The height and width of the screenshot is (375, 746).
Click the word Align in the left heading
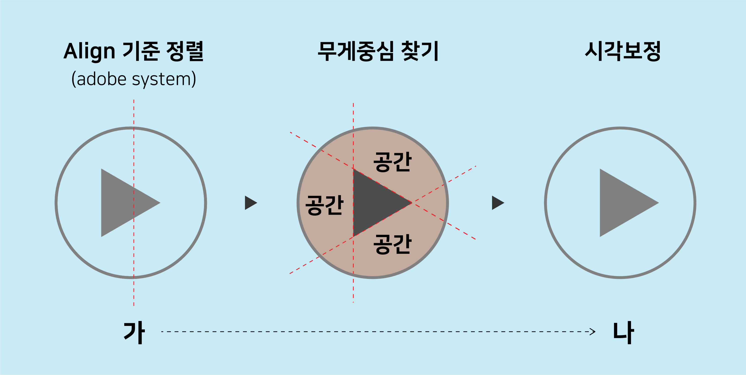coord(89,51)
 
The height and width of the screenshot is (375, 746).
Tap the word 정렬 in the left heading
coord(185,51)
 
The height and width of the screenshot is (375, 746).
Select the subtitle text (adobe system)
coord(134,79)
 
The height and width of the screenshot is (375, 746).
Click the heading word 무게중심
coord(356,51)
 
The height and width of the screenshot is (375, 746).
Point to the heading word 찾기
coord(420,51)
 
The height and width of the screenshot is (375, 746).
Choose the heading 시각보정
coord(623,51)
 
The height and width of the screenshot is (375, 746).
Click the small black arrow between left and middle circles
coord(250,203)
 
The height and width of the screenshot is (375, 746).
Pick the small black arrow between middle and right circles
coord(497,203)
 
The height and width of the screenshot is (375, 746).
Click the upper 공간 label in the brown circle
coord(392,162)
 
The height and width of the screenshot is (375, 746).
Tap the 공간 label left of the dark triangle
coord(324,205)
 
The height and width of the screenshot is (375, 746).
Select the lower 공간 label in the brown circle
coord(392,244)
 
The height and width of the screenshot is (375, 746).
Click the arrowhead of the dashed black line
coord(593,331)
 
